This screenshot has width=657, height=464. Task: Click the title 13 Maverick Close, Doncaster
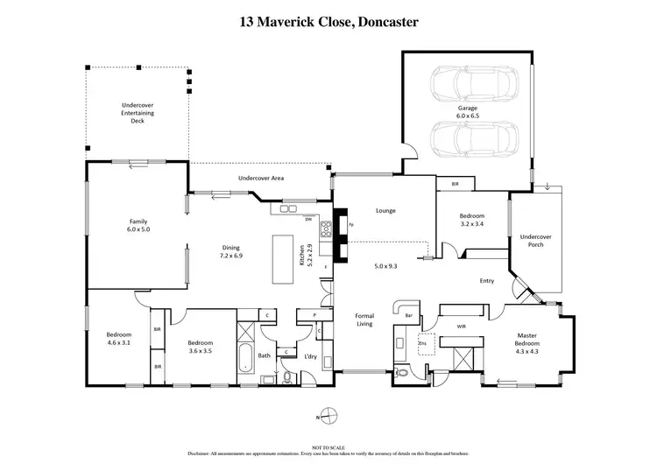point(328,21)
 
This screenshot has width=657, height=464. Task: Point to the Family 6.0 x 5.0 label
point(138,226)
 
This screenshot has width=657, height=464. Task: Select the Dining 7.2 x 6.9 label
point(230,252)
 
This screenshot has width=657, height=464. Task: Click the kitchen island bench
point(284,258)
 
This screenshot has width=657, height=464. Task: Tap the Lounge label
point(386,211)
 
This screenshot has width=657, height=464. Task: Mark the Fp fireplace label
point(350,226)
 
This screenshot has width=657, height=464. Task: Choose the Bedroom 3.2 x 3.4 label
point(472,220)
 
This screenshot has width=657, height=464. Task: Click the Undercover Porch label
point(535,240)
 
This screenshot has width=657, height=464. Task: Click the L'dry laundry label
point(310,356)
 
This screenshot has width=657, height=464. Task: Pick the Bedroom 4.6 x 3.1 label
point(118,339)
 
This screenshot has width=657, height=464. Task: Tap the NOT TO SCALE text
point(328,446)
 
